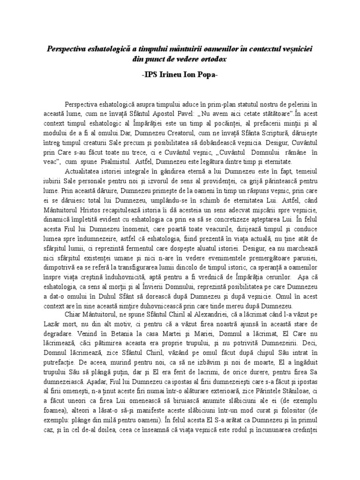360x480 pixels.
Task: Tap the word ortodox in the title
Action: pos(210,60)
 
